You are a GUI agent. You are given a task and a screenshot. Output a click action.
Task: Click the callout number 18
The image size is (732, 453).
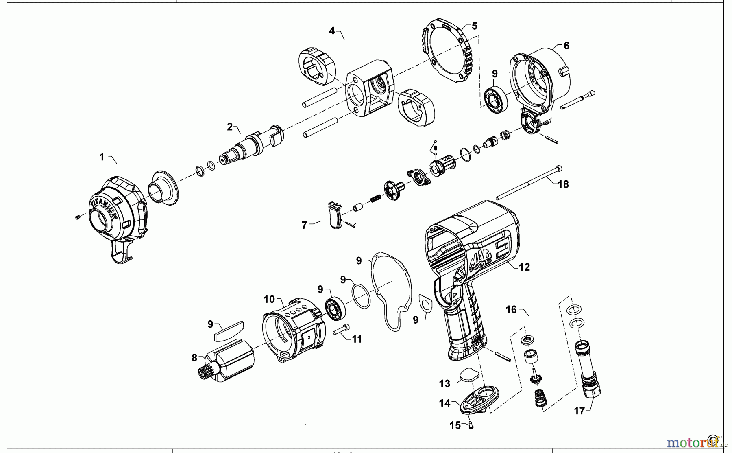click(563, 184)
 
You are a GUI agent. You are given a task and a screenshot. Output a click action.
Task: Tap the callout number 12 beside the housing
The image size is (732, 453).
click(524, 267)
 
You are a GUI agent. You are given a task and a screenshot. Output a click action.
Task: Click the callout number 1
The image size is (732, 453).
click(102, 157)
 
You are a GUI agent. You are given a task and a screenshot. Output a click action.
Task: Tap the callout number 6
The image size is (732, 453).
click(566, 46)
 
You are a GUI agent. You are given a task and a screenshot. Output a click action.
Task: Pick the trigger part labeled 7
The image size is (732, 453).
click(335, 216)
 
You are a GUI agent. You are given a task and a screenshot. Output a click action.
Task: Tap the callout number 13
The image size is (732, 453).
click(444, 383)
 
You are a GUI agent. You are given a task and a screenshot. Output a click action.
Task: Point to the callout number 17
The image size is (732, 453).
click(579, 411)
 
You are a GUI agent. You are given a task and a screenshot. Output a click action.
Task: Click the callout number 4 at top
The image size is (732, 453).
click(332, 31)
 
